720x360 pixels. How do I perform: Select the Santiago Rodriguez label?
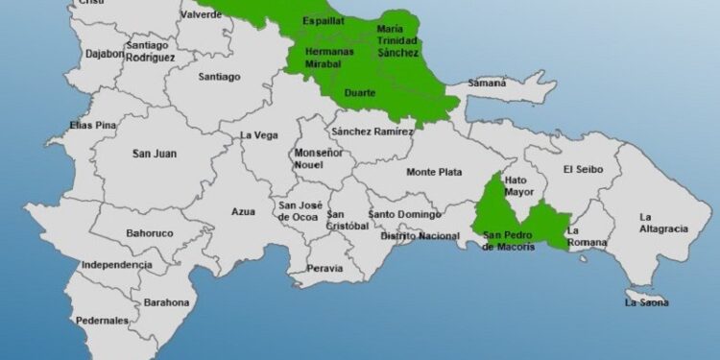click(x=149, y=52)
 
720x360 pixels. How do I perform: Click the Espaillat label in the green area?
click(x=323, y=19)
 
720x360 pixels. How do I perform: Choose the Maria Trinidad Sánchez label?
click(x=397, y=41)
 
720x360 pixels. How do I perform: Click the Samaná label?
click(x=487, y=84)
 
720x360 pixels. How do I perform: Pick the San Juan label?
click(x=154, y=154)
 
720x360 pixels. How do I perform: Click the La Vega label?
click(x=258, y=135)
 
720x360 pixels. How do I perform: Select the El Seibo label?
click(x=583, y=170)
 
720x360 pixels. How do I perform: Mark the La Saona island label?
click(x=646, y=303)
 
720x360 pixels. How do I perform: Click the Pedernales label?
click(x=102, y=320)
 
